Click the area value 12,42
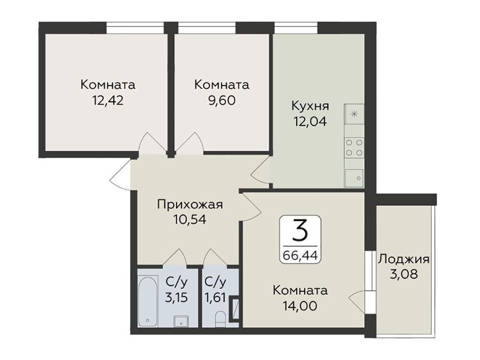click(108, 100)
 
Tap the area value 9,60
click(222, 100)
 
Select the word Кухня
click(310, 106)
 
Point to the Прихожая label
click(190, 204)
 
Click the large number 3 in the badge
click(300, 231)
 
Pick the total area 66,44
click(300, 254)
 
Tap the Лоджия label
click(404, 260)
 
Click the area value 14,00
click(300, 305)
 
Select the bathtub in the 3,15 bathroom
click(147, 301)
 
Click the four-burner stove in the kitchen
click(354, 147)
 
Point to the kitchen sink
click(354, 178)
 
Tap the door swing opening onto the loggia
click(357, 300)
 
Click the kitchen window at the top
click(296, 28)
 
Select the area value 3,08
click(404, 274)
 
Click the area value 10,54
click(190, 219)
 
